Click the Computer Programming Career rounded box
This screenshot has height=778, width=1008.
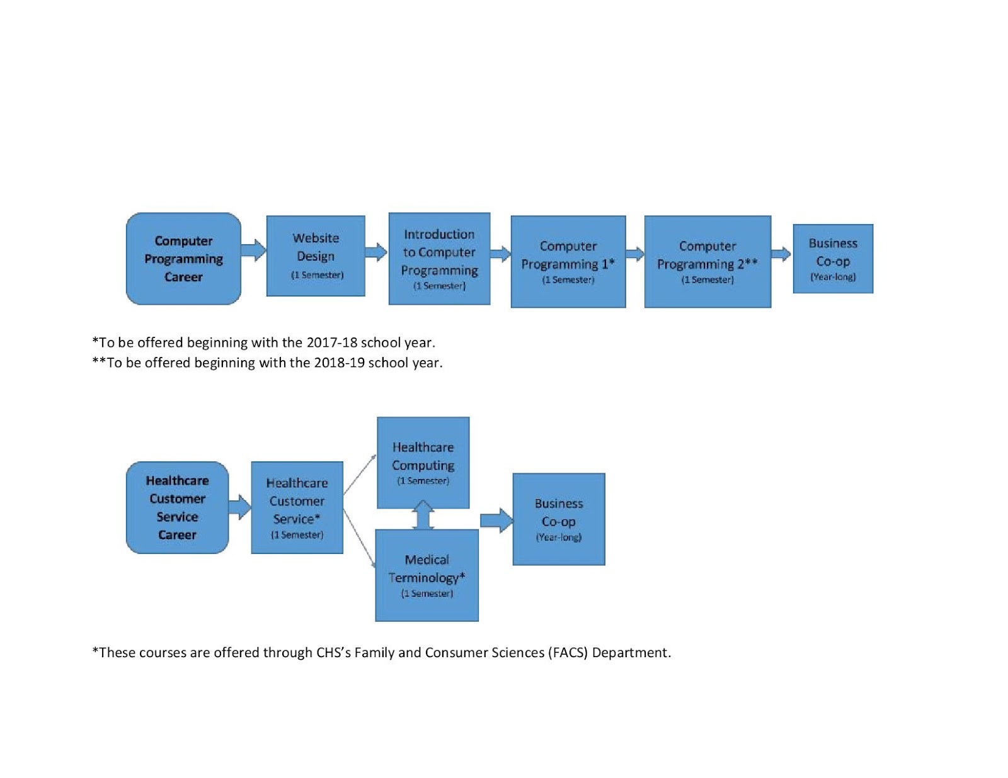[183, 259]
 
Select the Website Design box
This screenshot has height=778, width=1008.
[316, 256]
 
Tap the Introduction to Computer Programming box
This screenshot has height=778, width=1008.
[439, 259]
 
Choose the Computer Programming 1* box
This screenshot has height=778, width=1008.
[568, 261]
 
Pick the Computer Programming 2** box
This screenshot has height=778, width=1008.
[707, 261]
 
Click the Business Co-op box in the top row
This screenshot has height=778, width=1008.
[833, 259]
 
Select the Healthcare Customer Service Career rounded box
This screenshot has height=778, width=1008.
[177, 507]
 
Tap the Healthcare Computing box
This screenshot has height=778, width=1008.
[423, 463]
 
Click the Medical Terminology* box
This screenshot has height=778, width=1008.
[427, 575]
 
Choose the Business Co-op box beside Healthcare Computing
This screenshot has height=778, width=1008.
[559, 519]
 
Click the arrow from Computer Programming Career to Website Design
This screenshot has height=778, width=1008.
[254, 251]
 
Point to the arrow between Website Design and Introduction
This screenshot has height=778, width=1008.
[376, 252]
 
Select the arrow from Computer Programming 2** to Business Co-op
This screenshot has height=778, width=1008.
[782, 254]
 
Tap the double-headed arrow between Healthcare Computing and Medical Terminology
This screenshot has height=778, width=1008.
[423, 514]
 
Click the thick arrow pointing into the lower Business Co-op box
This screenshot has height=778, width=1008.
[497, 521]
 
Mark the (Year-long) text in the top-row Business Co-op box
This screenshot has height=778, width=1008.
[833, 277]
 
